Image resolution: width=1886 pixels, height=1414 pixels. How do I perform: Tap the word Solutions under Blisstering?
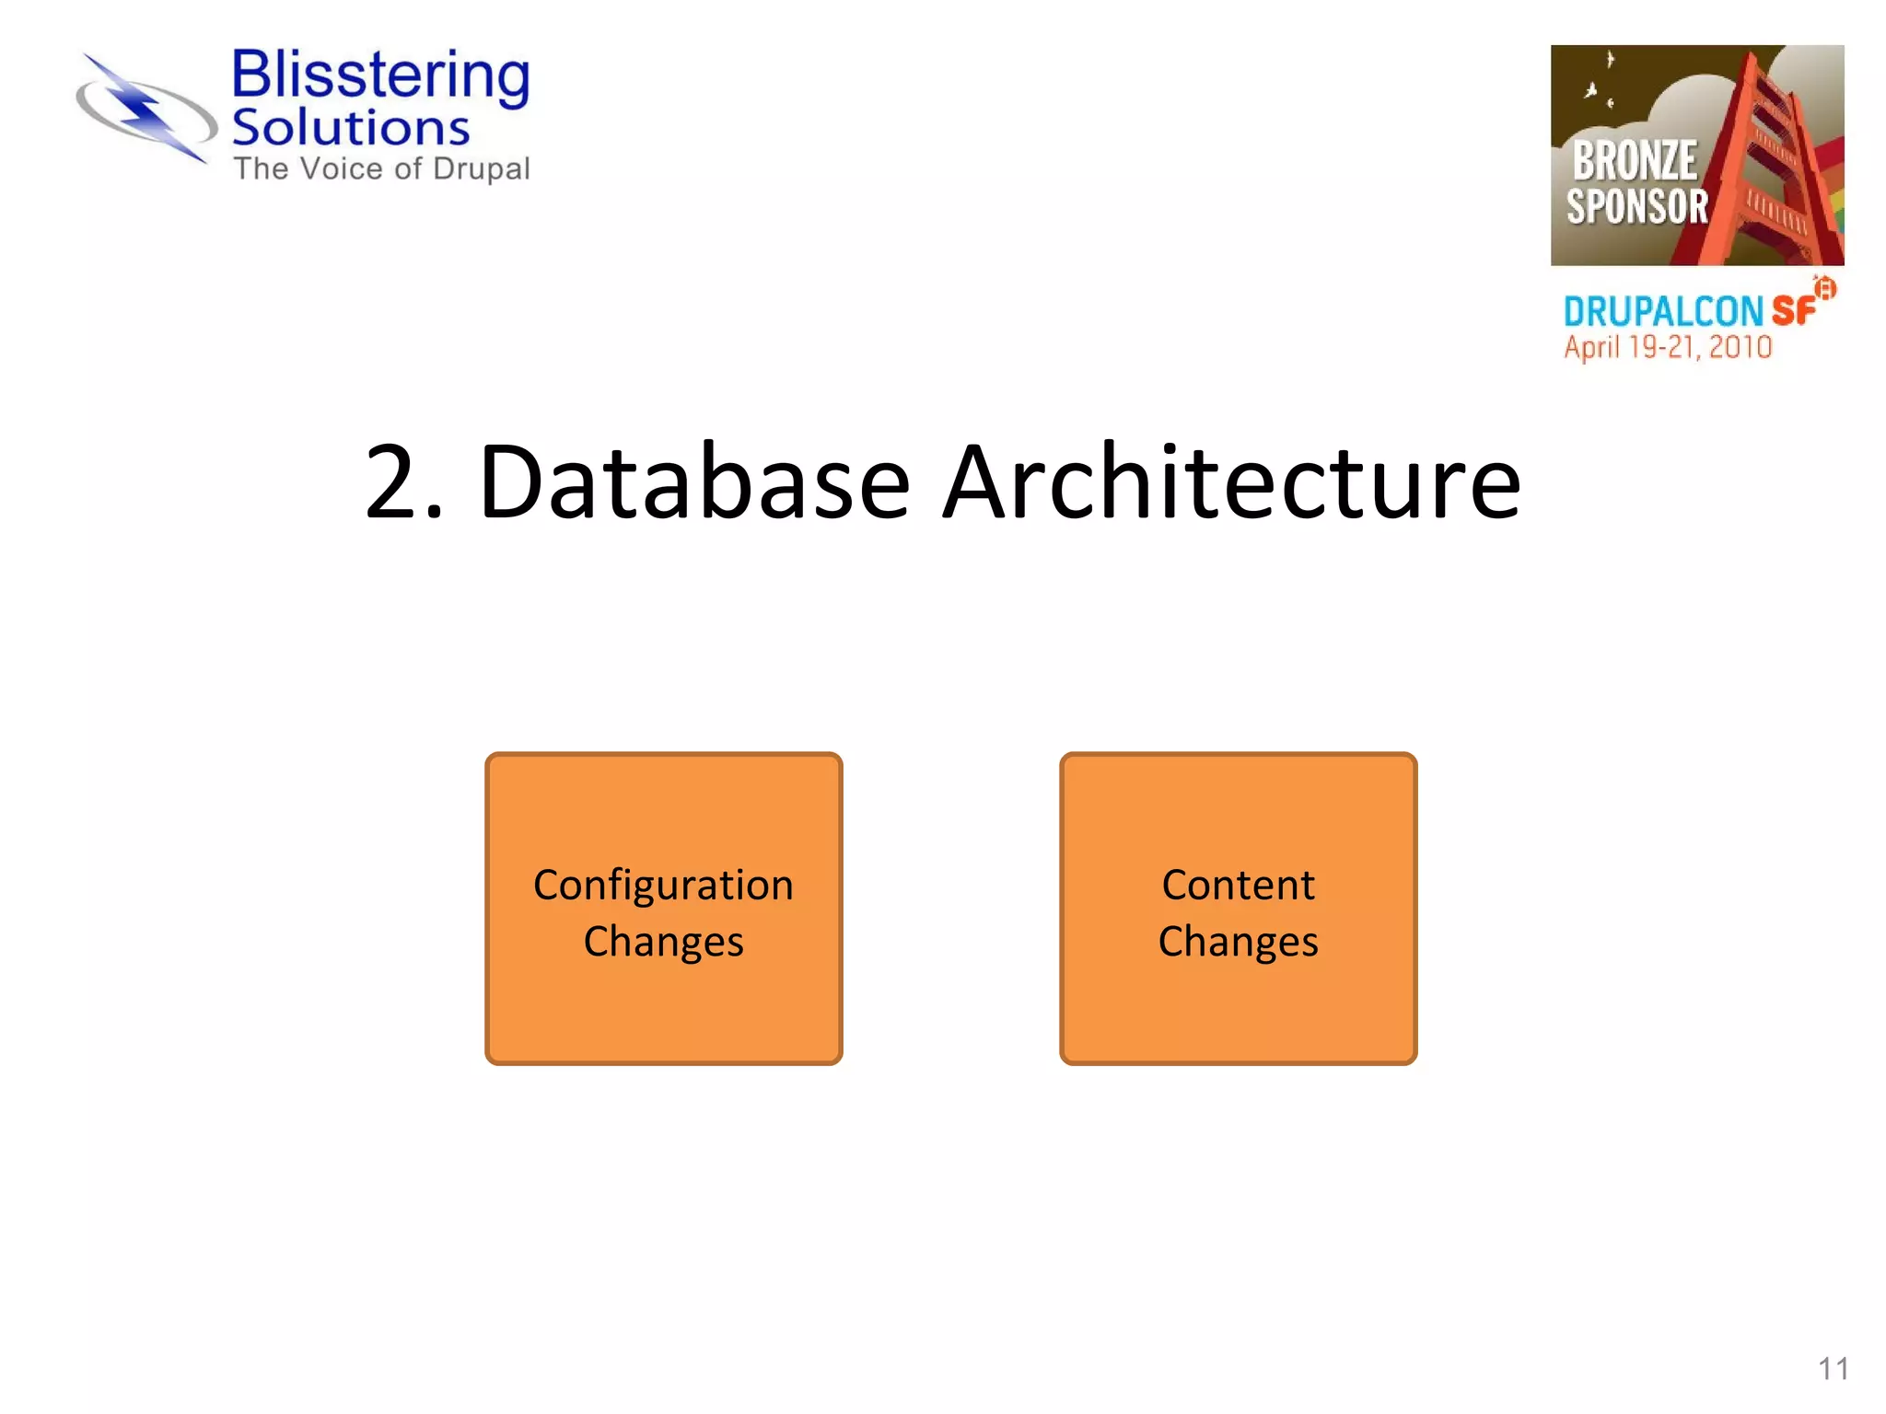click(x=350, y=128)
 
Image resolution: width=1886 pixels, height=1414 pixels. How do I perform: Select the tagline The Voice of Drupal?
click(x=381, y=169)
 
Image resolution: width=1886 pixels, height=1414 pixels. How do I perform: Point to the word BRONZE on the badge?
click(x=1634, y=161)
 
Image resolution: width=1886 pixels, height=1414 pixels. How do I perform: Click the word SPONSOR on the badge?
click(x=1637, y=206)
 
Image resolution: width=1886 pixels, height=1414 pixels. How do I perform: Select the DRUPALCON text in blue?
click(x=1663, y=312)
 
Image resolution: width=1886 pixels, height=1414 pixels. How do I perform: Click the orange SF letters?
click(x=1793, y=311)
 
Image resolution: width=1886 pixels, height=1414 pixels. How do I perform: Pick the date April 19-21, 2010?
click(x=1668, y=348)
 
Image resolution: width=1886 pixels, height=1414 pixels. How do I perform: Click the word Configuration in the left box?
click(x=663, y=886)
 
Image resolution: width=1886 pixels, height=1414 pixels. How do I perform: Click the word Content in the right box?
click(x=1238, y=886)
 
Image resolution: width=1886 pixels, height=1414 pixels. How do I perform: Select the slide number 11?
click(x=1833, y=1369)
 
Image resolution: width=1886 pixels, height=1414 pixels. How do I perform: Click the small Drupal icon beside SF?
click(x=1824, y=288)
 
